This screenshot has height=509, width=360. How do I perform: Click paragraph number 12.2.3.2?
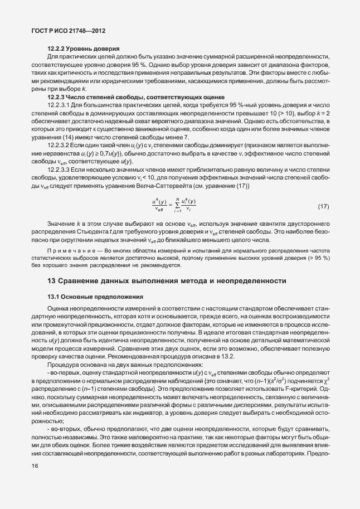[x=59, y=144]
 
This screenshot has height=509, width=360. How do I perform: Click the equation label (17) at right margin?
[x=324, y=207]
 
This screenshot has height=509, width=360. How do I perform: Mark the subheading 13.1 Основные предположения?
[x=95, y=296]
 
